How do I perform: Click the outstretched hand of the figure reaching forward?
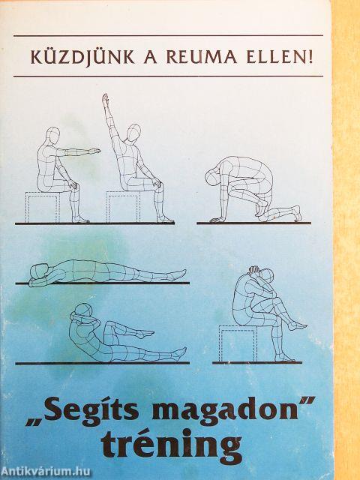pos(94,151)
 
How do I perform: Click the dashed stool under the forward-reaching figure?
pos(42,207)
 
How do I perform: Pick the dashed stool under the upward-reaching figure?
pos(121,207)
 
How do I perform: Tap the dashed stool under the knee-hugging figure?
pos(237,343)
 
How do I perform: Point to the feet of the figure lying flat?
pos(178,274)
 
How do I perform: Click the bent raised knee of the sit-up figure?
pos(112,324)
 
